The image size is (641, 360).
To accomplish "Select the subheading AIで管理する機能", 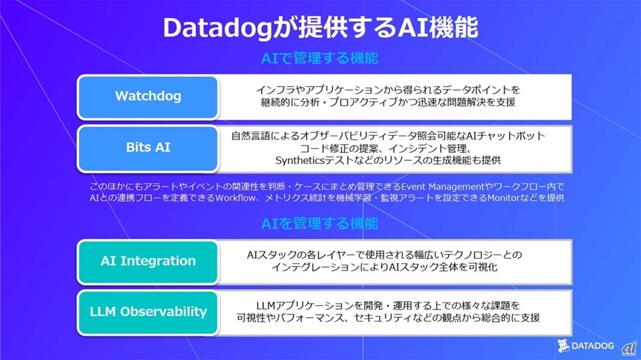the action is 319,58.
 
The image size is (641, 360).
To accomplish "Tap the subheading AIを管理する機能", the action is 319,224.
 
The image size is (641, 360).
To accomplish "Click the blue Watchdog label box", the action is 148,97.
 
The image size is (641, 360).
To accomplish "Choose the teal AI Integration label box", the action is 148,262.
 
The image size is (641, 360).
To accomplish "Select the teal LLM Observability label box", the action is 148,313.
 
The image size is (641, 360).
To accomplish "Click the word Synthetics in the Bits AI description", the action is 299,161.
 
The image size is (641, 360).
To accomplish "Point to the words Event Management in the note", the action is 443,187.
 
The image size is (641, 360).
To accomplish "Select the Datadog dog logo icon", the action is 563,346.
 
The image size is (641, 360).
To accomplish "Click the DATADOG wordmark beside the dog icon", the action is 593,346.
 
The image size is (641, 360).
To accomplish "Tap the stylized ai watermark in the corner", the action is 629,348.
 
